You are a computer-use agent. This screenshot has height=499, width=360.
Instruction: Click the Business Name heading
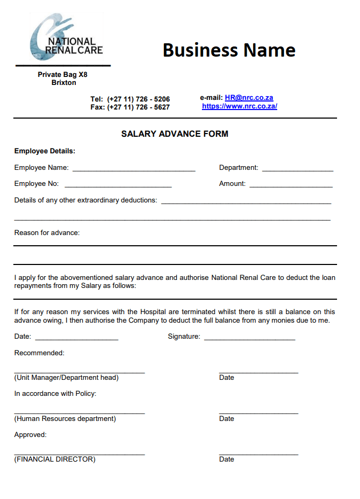(x=229, y=50)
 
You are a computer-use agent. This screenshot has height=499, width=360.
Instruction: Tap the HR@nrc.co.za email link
(x=249, y=98)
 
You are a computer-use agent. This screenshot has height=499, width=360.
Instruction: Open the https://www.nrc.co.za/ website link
(x=239, y=106)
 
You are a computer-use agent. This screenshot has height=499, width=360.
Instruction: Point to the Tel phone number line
(x=130, y=99)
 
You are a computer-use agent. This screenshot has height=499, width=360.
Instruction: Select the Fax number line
(x=130, y=107)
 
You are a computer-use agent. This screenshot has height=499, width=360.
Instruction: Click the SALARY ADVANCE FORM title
(x=175, y=134)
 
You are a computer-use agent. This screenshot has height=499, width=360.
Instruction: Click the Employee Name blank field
(x=134, y=169)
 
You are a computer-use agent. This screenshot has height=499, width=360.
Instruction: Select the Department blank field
(x=298, y=169)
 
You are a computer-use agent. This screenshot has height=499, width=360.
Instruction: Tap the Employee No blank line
(x=118, y=185)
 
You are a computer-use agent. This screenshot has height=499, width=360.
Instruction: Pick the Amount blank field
(x=291, y=185)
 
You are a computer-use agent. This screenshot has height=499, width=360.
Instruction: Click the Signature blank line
(x=249, y=338)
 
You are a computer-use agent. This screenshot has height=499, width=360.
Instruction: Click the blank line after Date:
(x=76, y=338)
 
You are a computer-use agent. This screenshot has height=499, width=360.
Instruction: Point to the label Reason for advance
(x=47, y=232)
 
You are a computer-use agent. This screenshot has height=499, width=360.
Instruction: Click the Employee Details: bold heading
(x=45, y=151)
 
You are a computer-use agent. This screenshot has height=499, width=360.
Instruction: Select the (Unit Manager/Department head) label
(x=66, y=378)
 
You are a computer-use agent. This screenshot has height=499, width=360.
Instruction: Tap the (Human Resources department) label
(x=65, y=419)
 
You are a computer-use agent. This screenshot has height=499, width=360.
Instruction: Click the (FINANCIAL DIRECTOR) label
(x=54, y=459)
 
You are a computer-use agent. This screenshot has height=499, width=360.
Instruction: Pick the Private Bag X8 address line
(x=62, y=75)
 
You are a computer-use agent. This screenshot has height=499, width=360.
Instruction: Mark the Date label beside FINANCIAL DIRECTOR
(x=226, y=459)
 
